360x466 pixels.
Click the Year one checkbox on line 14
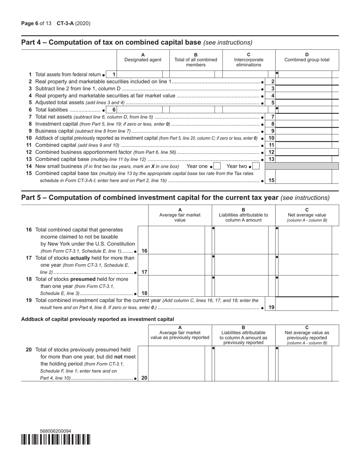(217, 166)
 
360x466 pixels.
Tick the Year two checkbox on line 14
(256, 166)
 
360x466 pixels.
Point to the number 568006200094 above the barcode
(55, 431)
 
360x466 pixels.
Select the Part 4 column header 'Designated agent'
(143, 60)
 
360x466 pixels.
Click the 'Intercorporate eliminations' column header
(249, 60)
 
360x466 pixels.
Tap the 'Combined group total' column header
(307, 60)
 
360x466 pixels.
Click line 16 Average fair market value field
(177, 240)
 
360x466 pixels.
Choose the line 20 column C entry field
(305, 363)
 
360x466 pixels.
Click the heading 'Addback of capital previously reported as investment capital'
(98, 319)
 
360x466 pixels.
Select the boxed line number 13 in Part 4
(271, 159)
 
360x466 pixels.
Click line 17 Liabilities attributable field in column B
(241, 265)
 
